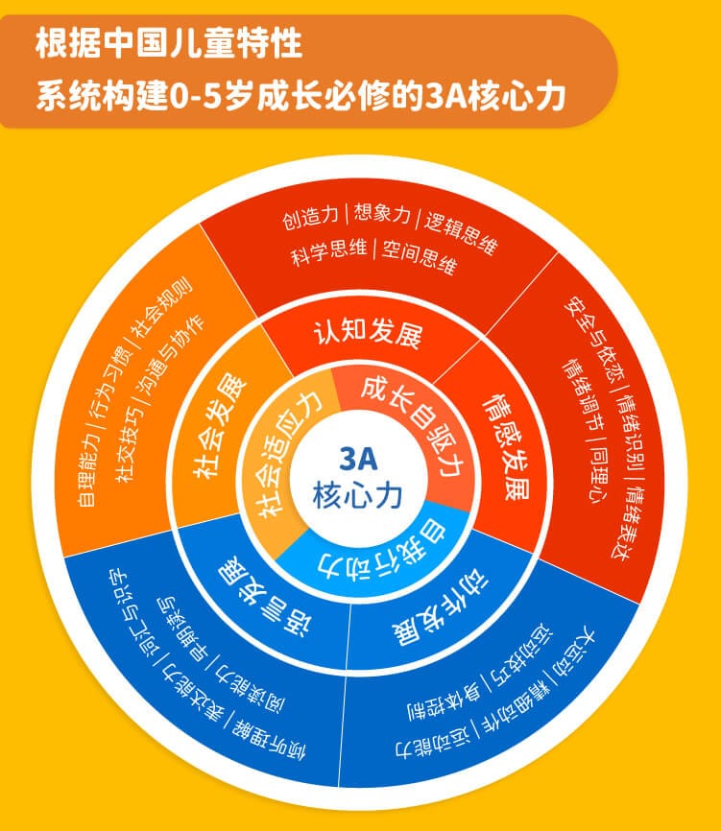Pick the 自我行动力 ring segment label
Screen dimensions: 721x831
point(381,549)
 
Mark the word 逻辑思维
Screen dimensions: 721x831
point(461,230)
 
